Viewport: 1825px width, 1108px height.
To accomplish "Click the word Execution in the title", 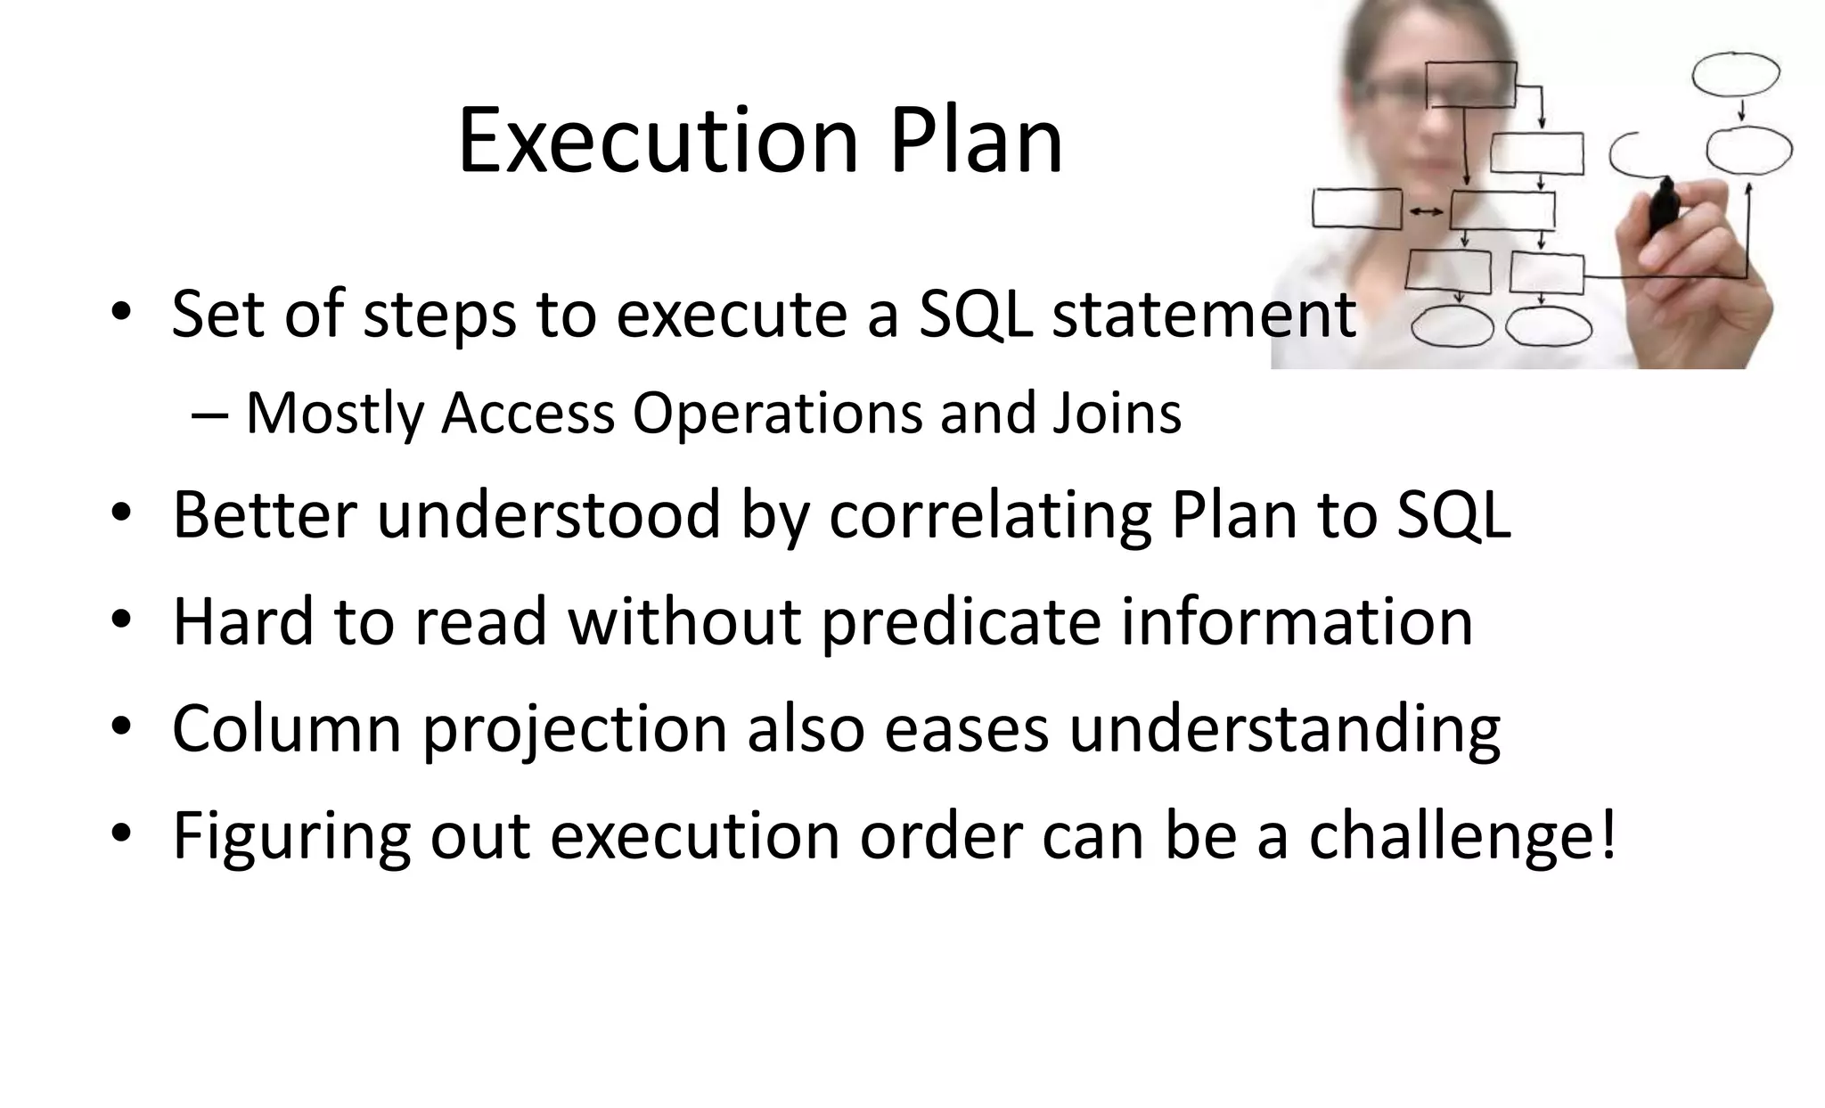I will coord(658,141).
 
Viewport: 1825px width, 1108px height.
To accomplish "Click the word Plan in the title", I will coord(976,141).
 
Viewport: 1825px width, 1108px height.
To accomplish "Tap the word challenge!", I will coord(1461,835).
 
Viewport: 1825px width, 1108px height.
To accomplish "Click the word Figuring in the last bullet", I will coord(291,835).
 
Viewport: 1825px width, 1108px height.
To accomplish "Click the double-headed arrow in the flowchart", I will coord(1426,211).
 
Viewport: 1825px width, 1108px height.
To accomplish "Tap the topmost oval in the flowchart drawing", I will coord(1735,74).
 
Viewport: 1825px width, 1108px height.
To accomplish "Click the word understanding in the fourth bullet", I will coord(1284,729).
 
